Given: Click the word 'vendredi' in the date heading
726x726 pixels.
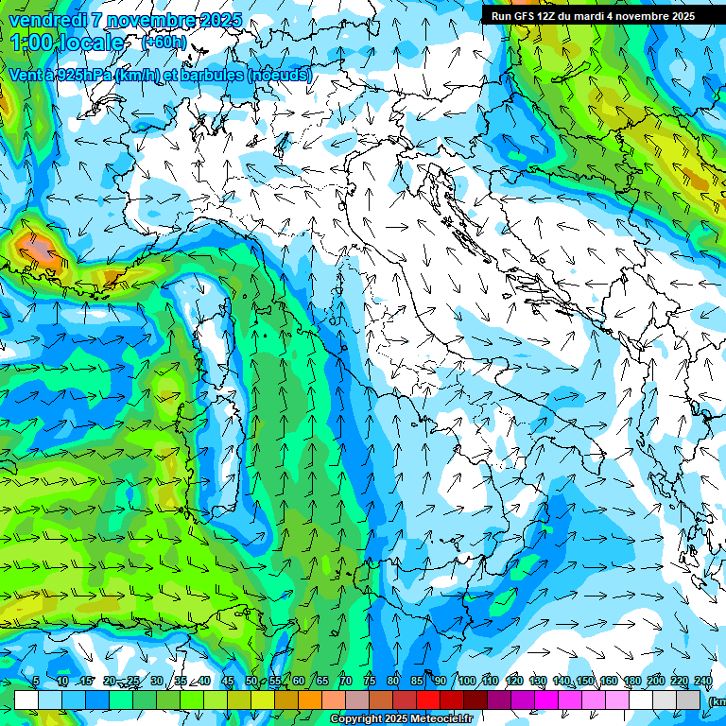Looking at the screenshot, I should pos(47,20).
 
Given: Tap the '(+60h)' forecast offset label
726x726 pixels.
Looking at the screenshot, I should pos(163,43).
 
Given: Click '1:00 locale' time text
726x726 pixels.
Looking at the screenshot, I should pos(68,43).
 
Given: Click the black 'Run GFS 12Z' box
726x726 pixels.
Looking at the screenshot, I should pos(593,16).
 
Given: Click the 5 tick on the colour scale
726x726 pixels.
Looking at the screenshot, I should pos(36,682).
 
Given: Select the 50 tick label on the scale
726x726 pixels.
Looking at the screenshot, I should pos(251,682).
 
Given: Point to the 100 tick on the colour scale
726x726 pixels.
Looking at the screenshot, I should pos(466,682).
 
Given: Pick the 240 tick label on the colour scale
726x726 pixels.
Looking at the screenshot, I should pos(703,682).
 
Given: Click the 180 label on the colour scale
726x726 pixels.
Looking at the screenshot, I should pos(631,682).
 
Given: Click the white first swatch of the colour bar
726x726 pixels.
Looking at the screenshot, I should pos(26,700).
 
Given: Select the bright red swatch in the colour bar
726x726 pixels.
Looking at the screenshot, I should pos(429,700).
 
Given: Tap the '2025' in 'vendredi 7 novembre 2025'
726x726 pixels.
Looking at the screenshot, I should pos(220,20).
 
